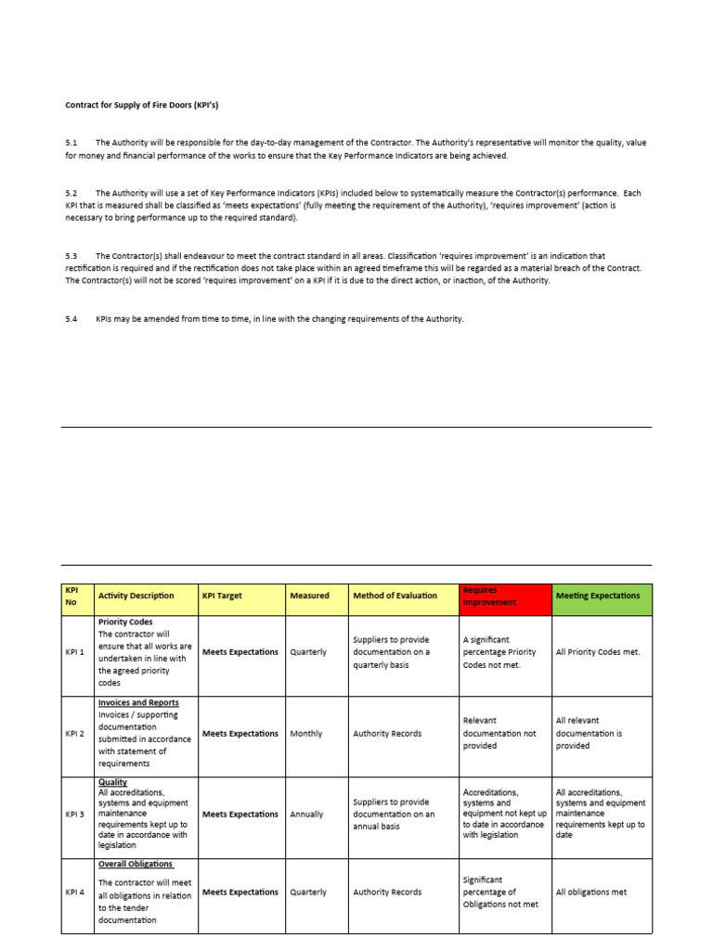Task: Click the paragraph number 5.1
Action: pyautogui.click(x=71, y=143)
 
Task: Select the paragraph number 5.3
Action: pyautogui.click(x=71, y=255)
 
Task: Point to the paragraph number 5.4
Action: pyautogui.click(x=71, y=319)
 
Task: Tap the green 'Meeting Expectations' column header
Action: pyautogui.click(x=598, y=596)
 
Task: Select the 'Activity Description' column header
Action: pyautogui.click(x=136, y=596)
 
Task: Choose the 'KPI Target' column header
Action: pyautogui.click(x=222, y=596)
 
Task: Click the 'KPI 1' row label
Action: pyautogui.click(x=74, y=652)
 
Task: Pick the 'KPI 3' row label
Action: pyautogui.click(x=74, y=815)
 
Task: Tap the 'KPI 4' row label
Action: pyautogui.click(x=74, y=892)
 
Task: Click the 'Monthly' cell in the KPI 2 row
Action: pyautogui.click(x=306, y=734)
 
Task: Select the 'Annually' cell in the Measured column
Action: pyautogui.click(x=306, y=815)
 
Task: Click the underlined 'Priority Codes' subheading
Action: pyautogui.click(x=125, y=622)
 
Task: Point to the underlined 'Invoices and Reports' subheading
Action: pyautogui.click(x=138, y=703)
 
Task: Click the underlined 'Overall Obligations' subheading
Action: pyautogui.click(x=136, y=865)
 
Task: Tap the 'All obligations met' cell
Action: pyautogui.click(x=591, y=892)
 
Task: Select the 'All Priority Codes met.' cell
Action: pyautogui.click(x=598, y=652)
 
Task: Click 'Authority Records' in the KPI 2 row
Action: pyautogui.click(x=387, y=734)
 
